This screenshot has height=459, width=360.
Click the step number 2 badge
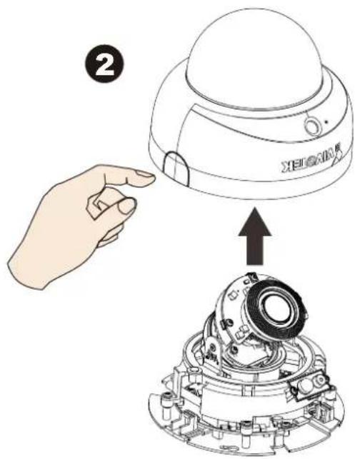click(x=104, y=65)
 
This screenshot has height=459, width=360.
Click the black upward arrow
click(x=254, y=236)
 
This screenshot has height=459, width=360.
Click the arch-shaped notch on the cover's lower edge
click(x=175, y=168)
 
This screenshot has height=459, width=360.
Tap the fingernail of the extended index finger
click(x=146, y=178)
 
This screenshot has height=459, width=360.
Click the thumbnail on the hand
click(x=126, y=206)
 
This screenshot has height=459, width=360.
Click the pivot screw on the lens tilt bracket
click(x=212, y=348)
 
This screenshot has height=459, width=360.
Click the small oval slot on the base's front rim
click(x=227, y=448)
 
